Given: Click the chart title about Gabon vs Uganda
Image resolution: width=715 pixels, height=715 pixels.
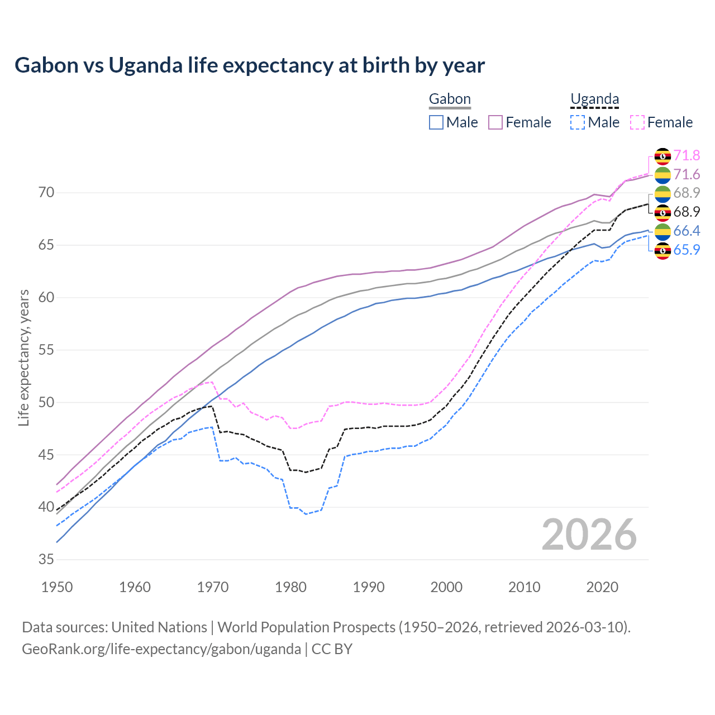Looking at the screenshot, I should pyautogui.click(x=250, y=65).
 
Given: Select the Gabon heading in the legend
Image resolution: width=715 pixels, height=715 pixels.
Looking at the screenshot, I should pyautogui.click(x=450, y=99).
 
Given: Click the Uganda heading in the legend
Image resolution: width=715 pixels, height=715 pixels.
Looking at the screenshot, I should pyautogui.click(x=594, y=99).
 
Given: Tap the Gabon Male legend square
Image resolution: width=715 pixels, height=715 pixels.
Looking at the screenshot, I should pyautogui.click(x=436, y=122).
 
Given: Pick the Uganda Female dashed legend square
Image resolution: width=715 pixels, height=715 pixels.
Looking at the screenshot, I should pyautogui.click(x=637, y=122).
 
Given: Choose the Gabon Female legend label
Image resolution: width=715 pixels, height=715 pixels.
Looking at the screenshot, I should pyautogui.click(x=528, y=122).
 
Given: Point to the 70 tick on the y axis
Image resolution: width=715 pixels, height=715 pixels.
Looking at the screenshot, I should pyautogui.click(x=46, y=193).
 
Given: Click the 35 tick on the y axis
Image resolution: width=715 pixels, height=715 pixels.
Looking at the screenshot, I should pyautogui.click(x=46, y=559).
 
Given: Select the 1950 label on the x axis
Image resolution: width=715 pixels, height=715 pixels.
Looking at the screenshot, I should pyautogui.click(x=57, y=587).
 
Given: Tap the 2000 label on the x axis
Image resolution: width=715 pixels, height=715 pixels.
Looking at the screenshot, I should pyautogui.click(x=446, y=587).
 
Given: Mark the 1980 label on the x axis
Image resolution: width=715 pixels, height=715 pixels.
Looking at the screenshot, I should pyautogui.click(x=290, y=587).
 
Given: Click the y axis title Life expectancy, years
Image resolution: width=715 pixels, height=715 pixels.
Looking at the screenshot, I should pyautogui.click(x=24, y=357).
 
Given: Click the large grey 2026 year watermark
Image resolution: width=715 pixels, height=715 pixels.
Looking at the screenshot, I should pyautogui.click(x=589, y=535).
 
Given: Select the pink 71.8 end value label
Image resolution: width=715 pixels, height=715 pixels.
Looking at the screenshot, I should pyautogui.click(x=687, y=155).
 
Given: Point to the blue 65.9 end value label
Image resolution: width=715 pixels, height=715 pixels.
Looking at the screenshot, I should pyautogui.click(x=687, y=250).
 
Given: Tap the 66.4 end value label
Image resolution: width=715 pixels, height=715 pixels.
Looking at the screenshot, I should pyautogui.click(x=687, y=231).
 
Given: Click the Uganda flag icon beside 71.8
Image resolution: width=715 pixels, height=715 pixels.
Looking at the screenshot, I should pyautogui.click(x=662, y=156).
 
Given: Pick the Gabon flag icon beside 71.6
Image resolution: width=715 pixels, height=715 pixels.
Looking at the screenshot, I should pyautogui.click(x=662, y=175).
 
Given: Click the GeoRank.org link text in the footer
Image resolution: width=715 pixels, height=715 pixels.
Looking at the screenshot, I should pyautogui.click(x=161, y=649).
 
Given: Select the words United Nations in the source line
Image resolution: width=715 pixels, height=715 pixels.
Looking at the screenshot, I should pyautogui.click(x=159, y=627).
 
